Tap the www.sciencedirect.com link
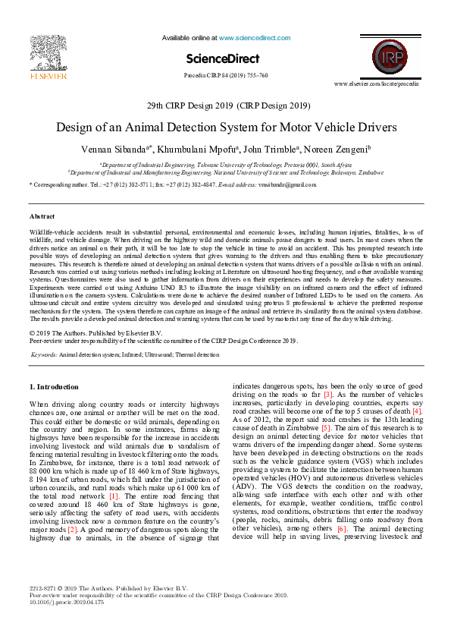[250, 37]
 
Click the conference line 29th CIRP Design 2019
[225, 105]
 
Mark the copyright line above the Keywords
[96, 333]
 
